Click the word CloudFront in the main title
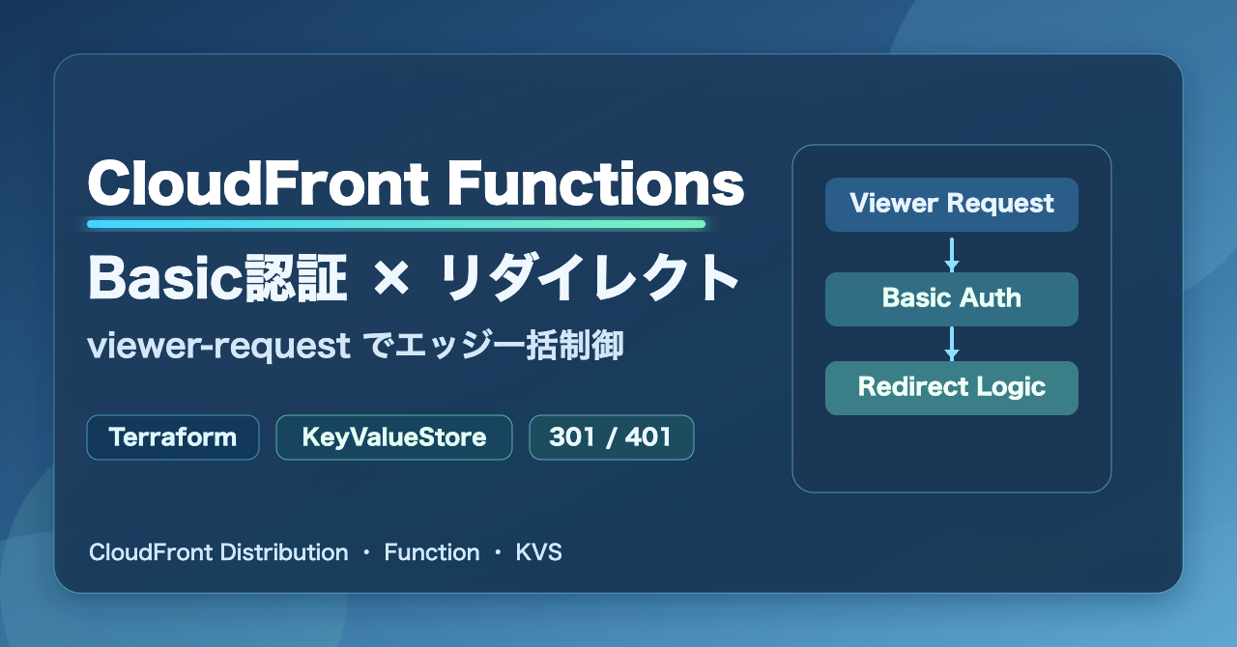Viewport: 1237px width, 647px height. point(258,183)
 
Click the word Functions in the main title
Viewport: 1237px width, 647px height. point(596,183)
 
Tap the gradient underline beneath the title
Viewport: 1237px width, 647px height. point(396,224)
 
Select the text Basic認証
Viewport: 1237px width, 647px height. point(217,278)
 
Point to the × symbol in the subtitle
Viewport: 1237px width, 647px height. point(391,279)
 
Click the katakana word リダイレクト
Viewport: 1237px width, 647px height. point(589,278)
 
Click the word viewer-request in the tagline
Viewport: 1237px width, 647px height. point(218,346)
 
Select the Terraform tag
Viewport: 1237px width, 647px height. point(173,437)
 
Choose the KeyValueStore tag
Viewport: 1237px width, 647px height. point(394,437)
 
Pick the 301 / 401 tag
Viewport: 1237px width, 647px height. point(612,437)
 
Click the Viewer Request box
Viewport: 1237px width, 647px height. point(952,205)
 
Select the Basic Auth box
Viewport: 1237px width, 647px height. point(952,299)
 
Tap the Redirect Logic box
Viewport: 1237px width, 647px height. point(952,388)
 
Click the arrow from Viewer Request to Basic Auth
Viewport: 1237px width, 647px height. point(952,255)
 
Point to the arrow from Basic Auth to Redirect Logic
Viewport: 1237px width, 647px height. point(952,344)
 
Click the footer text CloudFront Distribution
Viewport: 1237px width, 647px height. point(218,552)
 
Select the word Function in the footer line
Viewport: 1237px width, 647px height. point(432,552)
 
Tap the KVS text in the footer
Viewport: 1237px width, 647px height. point(538,552)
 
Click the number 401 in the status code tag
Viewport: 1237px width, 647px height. point(647,437)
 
